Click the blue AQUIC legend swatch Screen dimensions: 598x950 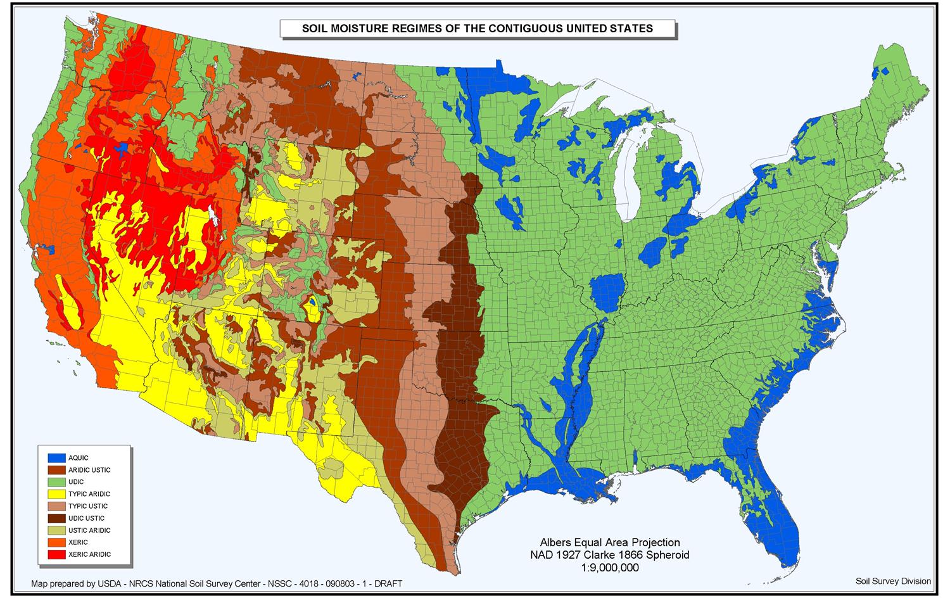click(56, 457)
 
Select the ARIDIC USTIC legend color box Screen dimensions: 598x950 click(56, 470)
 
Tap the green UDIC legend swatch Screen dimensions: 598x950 click(56, 482)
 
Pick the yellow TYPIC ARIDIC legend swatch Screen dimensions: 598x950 click(56, 494)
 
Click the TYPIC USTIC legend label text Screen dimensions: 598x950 click(88, 506)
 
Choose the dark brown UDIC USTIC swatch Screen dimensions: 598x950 click(56, 518)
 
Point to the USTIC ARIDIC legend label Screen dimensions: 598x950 click(89, 530)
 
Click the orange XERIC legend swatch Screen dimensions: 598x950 click(56, 542)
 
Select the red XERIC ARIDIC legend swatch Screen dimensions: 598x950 click(56, 554)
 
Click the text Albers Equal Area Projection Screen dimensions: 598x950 click(609, 543)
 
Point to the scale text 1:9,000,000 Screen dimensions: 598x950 click(609, 568)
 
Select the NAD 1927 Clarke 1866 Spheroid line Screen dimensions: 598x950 click(609, 556)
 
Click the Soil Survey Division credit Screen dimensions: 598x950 click(892, 581)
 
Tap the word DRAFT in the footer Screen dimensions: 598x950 click(387, 584)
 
